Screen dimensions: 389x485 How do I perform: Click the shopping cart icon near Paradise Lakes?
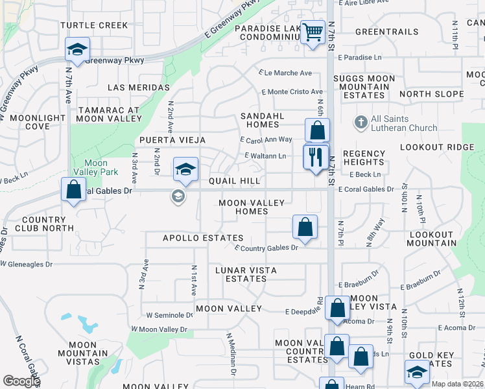[x=313, y=31]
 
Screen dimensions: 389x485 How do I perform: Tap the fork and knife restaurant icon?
[x=316, y=157]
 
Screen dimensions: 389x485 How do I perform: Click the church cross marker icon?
[x=361, y=121]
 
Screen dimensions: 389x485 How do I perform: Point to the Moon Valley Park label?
[x=96, y=167]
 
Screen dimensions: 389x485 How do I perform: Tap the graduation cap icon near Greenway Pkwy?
[x=77, y=50]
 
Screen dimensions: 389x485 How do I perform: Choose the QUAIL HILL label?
[x=234, y=182]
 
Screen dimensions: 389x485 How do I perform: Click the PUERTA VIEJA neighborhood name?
[x=172, y=140]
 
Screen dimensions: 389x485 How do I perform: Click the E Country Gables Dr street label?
[x=266, y=248]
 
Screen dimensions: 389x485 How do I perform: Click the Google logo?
[x=21, y=381]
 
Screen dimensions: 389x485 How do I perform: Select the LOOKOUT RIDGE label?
[x=438, y=147]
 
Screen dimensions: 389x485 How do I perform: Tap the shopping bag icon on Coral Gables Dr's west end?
[x=73, y=190]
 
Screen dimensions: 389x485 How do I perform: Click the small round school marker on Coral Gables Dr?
[x=177, y=195]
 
